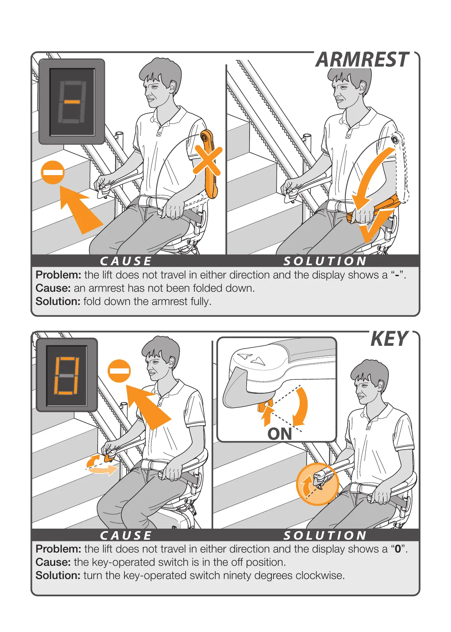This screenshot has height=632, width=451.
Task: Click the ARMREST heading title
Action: pyautogui.click(x=363, y=60)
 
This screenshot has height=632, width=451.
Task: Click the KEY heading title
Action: pyautogui.click(x=390, y=339)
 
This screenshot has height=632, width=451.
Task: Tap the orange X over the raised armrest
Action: pyautogui.click(x=208, y=160)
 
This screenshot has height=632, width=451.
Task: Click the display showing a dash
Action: pyautogui.click(x=72, y=102)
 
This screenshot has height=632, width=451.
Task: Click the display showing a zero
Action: pyautogui.click(x=67, y=375)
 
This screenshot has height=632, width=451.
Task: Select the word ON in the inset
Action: pyautogui.click(x=280, y=434)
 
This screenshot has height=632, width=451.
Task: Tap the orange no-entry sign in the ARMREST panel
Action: pyautogui.click(x=53, y=172)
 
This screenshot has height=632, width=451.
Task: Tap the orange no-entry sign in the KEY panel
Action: pyautogui.click(x=119, y=371)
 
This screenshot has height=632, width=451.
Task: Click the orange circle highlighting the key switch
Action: pyautogui.click(x=317, y=484)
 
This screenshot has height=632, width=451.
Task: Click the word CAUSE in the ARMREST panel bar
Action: pyautogui.click(x=126, y=261)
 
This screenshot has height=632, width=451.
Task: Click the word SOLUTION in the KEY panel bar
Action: pyautogui.click(x=325, y=535)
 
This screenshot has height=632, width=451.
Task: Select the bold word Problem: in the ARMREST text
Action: pyautogui.click(x=58, y=275)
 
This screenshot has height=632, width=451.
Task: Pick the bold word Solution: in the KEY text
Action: pyautogui.click(x=58, y=575)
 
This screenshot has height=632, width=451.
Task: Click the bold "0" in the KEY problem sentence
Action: pyautogui.click(x=398, y=549)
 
